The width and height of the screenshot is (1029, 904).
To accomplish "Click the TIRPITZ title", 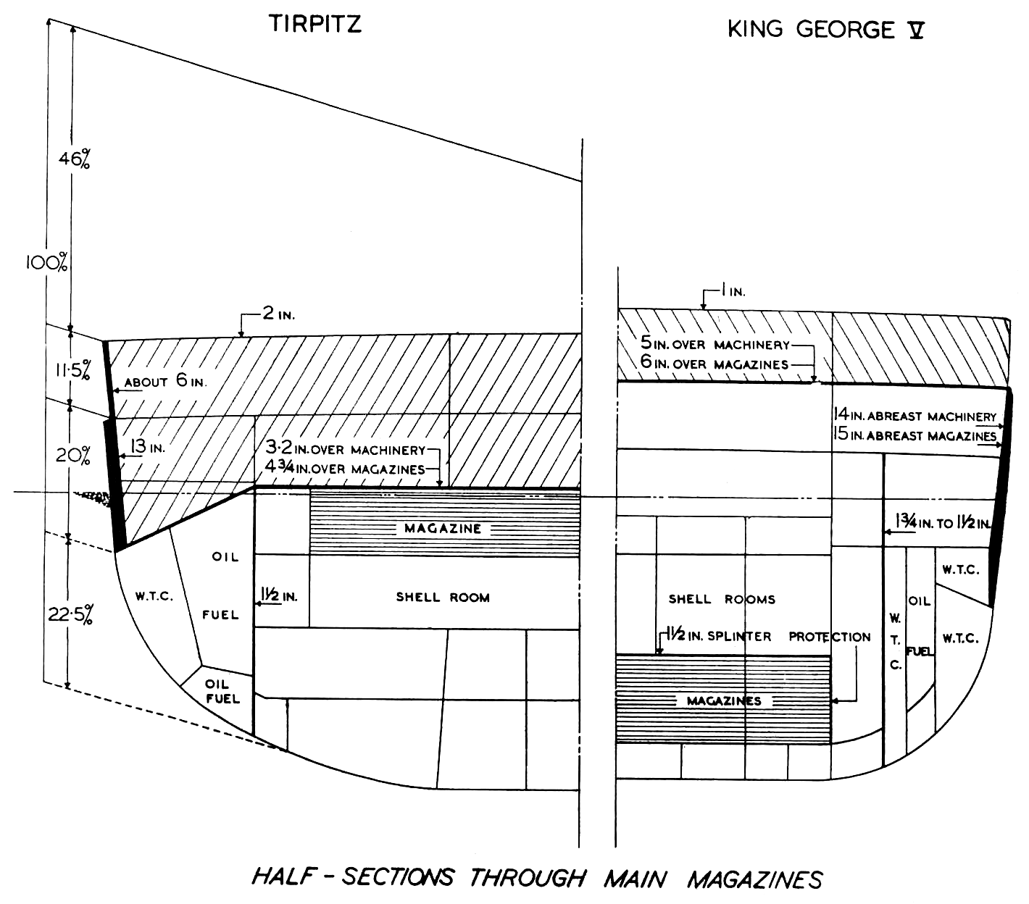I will pos(315,24).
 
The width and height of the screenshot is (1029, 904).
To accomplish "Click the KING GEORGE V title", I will pos(825,30).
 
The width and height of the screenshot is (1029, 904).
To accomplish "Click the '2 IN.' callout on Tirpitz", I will pos(277,316).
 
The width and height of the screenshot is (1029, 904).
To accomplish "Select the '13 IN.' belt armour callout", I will pos(149,448).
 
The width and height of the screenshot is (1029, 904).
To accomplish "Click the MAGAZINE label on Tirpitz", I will pos(443,528).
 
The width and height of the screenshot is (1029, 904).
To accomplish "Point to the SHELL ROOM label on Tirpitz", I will pos(443,598).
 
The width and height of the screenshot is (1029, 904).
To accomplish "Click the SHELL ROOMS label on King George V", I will pos(722,599).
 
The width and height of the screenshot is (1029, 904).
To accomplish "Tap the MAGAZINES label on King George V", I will pos(724,700).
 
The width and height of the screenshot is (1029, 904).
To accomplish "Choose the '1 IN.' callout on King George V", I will pos(733,291).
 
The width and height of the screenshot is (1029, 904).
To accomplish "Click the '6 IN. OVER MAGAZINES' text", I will pos(714,364).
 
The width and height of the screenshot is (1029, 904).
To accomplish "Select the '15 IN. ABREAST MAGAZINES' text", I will pos(914,435).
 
